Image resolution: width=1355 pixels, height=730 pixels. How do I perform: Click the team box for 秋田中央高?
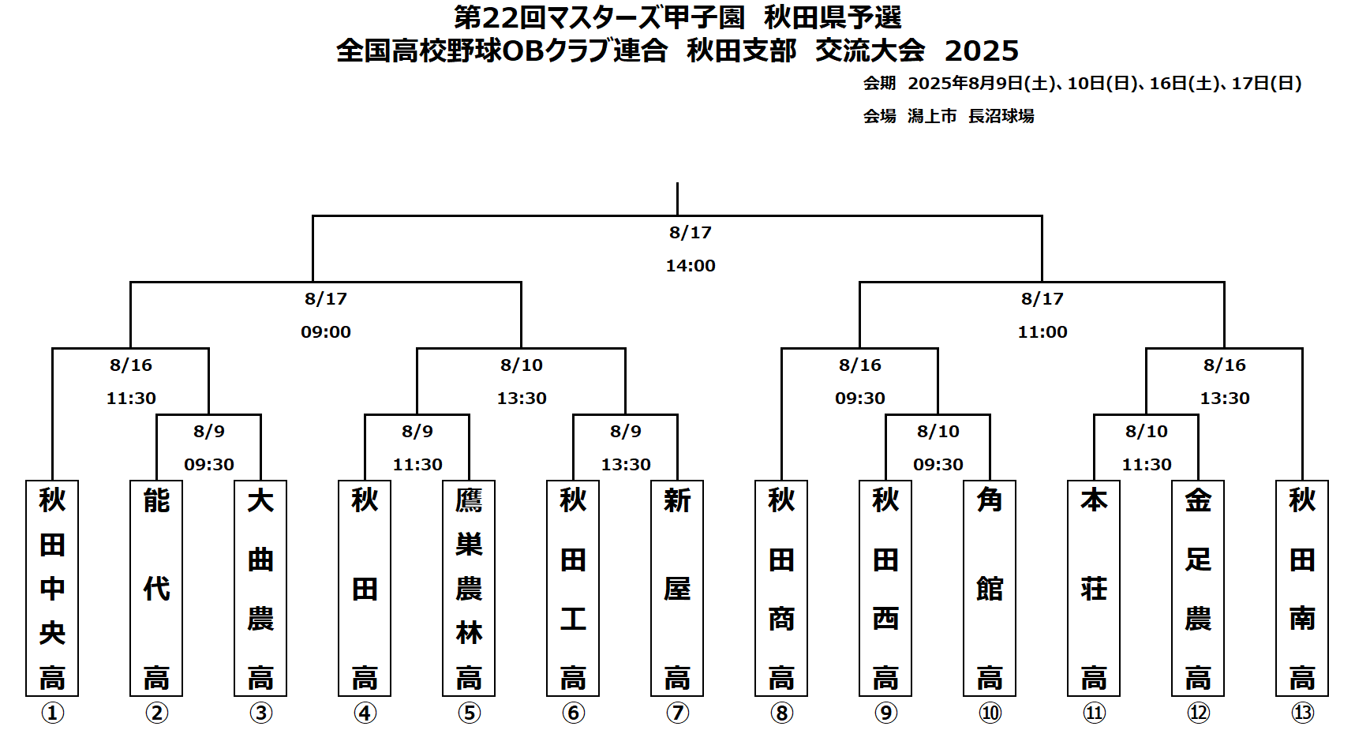click(52, 588)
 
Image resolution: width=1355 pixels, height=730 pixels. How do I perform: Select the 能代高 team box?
click(156, 588)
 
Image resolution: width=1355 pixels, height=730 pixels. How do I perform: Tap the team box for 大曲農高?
click(260, 588)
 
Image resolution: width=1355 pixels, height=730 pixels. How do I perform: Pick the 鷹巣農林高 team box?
click(469, 588)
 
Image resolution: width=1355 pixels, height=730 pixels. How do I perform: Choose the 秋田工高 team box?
click(573, 588)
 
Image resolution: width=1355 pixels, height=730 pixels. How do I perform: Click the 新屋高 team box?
click(677, 588)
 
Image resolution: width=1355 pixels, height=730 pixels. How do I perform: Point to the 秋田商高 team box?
click(781, 588)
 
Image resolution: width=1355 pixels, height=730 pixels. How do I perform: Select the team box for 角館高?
click(990, 588)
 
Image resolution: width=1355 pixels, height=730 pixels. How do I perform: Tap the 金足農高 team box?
click(1198, 588)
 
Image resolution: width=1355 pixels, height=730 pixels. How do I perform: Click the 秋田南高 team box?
click(1302, 588)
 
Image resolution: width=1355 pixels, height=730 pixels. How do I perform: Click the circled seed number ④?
click(365, 713)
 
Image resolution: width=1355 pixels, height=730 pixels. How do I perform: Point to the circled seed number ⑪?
click(1094, 713)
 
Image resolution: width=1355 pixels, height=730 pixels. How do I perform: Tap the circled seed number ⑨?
click(885, 713)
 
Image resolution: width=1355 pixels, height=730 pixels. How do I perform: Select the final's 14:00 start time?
click(691, 266)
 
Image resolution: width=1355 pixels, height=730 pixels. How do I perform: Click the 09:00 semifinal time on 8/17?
click(326, 332)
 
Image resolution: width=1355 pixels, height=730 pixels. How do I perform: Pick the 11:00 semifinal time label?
click(1042, 332)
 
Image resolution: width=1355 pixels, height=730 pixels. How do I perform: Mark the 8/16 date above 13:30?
click(1225, 365)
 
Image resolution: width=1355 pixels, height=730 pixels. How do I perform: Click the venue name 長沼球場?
click(1001, 116)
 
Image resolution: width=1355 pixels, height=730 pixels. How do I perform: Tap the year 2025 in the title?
click(982, 51)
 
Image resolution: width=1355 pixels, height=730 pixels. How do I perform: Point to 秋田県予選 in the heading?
click(833, 17)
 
